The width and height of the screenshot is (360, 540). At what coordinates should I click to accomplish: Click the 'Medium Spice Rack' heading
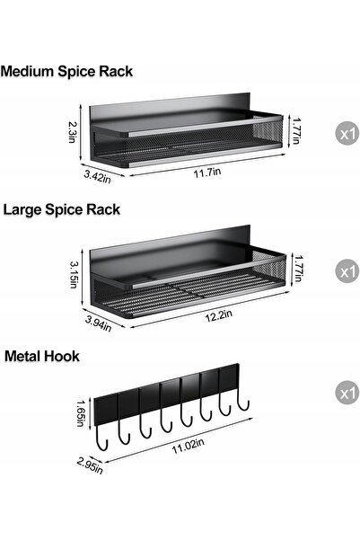[66, 71]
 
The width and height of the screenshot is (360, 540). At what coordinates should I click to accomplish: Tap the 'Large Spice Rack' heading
[62, 209]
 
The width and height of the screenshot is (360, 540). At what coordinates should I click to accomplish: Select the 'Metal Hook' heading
[42, 356]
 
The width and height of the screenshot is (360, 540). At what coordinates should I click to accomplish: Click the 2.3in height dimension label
[73, 132]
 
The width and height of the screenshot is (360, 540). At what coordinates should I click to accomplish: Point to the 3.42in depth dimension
[98, 177]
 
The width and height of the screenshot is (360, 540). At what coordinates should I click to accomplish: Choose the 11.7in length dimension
[207, 172]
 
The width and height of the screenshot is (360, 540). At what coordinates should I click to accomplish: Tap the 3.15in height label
[74, 274]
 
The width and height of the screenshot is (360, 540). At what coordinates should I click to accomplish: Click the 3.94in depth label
[99, 323]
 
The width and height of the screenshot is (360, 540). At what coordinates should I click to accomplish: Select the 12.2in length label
[219, 315]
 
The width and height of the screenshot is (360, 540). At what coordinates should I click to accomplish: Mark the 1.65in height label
[81, 413]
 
